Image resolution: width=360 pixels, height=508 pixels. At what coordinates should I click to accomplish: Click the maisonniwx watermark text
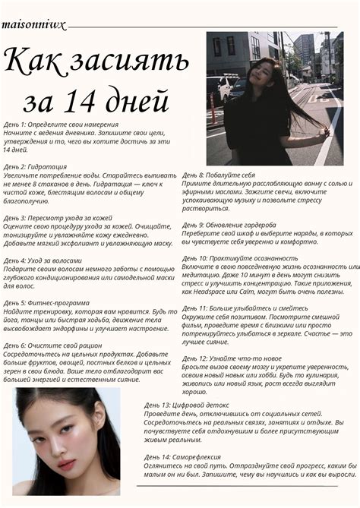(x=33, y=24)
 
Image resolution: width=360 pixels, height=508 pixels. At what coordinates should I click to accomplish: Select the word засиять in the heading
(x=132, y=62)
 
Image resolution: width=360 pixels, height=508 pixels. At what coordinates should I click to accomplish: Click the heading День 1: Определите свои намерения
(x=60, y=124)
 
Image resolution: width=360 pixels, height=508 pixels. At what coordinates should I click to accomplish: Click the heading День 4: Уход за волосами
(x=45, y=260)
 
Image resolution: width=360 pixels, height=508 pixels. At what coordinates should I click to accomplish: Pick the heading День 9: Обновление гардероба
(x=234, y=225)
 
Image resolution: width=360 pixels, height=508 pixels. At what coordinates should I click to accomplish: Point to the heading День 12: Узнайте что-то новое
(x=232, y=358)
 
